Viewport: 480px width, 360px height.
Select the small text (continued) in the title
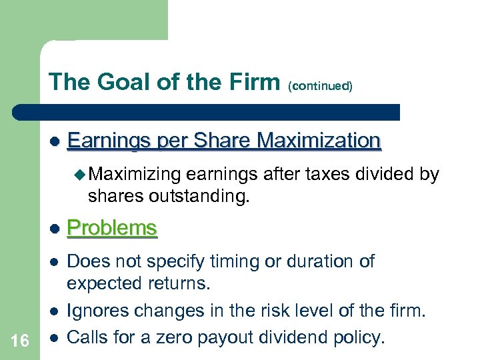point(320,86)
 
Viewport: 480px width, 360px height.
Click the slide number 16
point(20,341)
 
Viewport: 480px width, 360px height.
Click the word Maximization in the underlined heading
point(319,141)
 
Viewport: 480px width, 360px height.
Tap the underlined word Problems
point(112,228)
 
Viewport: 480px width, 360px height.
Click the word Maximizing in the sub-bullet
point(134,175)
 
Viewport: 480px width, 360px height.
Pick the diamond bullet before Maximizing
point(81,175)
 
